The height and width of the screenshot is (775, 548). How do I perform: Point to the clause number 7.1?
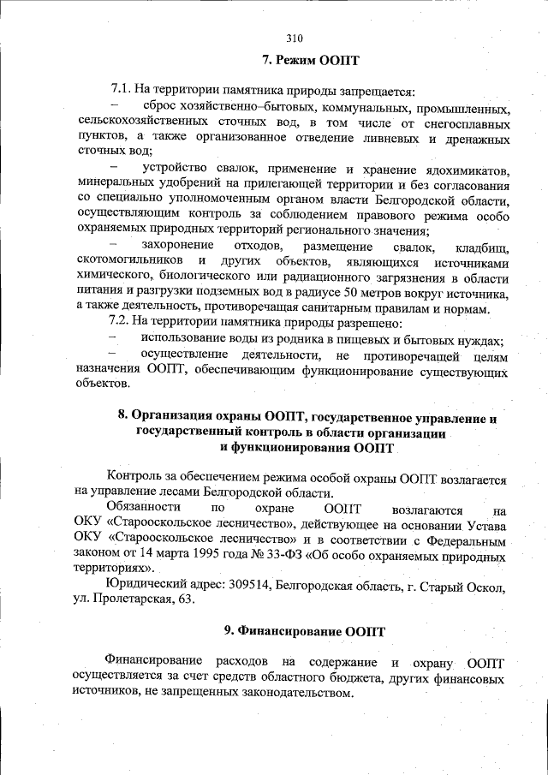(x=122, y=90)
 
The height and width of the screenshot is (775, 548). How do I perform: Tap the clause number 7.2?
(x=122, y=323)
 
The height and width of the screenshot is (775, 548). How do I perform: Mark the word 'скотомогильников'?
(x=128, y=262)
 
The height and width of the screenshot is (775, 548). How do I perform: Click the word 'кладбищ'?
(x=482, y=247)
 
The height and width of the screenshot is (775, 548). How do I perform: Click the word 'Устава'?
(x=485, y=525)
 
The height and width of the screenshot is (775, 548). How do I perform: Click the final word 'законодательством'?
(x=296, y=695)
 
